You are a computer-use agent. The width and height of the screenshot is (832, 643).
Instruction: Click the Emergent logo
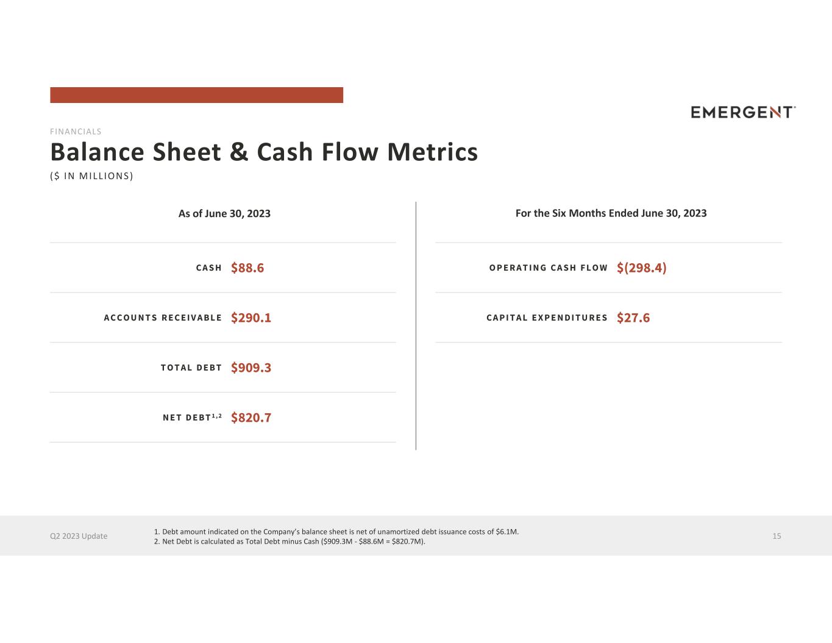743,112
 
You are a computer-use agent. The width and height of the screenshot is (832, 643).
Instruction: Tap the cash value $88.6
247,268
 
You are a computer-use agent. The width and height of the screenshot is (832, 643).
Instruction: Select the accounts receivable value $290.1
251,318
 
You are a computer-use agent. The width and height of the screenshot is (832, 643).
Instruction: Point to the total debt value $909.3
251,368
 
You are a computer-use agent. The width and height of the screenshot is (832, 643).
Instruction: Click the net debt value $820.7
251,417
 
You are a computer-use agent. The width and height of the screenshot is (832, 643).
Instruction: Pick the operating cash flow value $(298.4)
641,268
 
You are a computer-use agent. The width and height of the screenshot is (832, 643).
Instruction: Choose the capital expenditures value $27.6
633,318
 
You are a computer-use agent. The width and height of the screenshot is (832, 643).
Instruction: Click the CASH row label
208,268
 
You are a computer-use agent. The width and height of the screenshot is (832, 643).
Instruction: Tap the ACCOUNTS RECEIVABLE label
163,318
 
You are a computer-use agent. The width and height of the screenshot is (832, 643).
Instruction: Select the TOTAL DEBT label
191,368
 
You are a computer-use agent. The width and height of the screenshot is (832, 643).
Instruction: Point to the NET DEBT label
192,417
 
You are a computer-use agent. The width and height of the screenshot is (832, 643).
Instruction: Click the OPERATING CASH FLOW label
549,268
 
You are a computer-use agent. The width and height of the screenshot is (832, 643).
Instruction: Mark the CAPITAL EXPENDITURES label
547,318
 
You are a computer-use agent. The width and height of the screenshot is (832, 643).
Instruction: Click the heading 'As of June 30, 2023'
224,213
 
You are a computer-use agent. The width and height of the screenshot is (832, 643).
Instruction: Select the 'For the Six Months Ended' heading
611,213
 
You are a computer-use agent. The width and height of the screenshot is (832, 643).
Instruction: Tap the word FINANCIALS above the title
76,132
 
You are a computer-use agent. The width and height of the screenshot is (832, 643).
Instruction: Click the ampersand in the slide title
239,152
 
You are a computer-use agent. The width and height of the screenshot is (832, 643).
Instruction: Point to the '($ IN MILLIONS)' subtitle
91,176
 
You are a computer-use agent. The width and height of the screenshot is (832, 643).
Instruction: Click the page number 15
777,536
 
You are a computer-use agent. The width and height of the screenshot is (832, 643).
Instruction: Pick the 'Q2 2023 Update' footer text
79,536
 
